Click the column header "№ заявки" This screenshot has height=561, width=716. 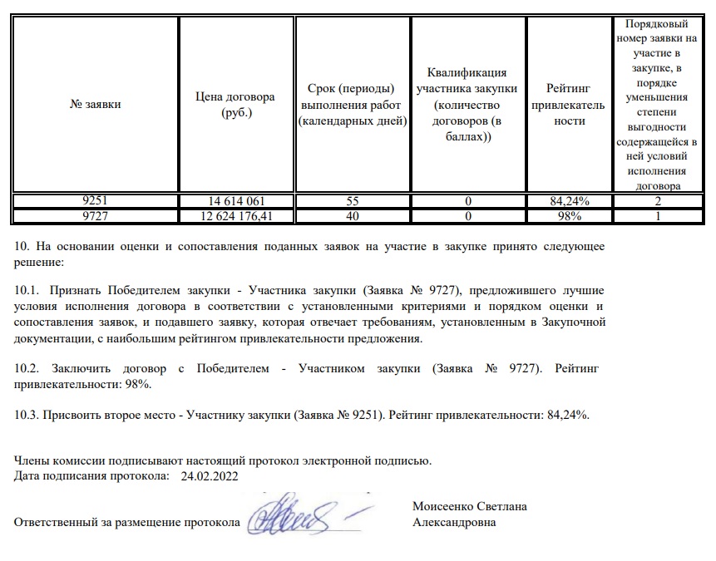96,105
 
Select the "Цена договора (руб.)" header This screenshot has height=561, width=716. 237,105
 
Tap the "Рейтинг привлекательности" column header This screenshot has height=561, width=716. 570,105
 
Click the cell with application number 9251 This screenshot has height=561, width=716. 96,201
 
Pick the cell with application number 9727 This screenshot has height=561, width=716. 96,216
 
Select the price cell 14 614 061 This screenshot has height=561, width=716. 237,201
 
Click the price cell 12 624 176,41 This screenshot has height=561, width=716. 237,216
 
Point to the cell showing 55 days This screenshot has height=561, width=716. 353,201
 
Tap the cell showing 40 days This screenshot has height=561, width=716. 353,216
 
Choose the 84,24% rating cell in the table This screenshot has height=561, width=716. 570,201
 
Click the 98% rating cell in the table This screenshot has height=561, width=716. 570,216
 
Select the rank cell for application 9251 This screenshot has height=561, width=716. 657,201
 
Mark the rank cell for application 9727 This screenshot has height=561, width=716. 657,216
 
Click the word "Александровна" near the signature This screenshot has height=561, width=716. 454,523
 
